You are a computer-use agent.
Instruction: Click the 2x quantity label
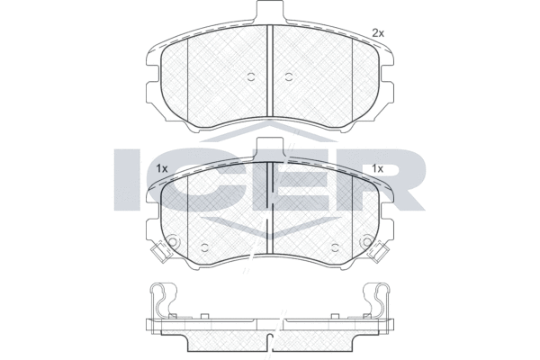click(378, 33)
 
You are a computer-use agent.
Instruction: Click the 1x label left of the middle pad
click(161, 168)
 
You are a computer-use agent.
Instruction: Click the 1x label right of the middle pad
click(377, 168)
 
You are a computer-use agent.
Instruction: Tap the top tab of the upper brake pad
click(270, 10)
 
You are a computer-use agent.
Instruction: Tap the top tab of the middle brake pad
click(270, 148)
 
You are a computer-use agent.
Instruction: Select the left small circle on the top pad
click(251, 76)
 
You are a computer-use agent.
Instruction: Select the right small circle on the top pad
click(289, 76)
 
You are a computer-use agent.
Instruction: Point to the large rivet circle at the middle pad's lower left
click(173, 241)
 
